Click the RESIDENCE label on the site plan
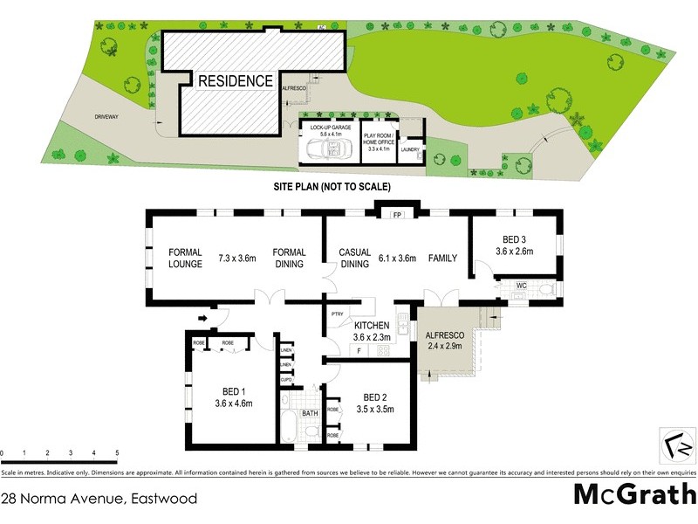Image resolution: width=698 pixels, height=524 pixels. pyautogui.click(x=235, y=81)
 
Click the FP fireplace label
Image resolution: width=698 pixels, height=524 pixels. pyautogui.click(x=396, y=214)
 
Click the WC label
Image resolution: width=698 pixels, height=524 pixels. pyautogui.click(x=521, y=285)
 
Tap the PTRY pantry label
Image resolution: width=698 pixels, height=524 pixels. pyautogui.click(x=338, y=314)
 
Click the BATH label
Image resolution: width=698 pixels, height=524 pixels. pyautogui.click(x=310, y=413)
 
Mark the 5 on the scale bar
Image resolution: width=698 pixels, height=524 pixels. pyautogui.click(x=117, y=452)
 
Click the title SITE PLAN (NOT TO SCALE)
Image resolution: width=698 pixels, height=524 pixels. pyautogui.click(x=332, y=187)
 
